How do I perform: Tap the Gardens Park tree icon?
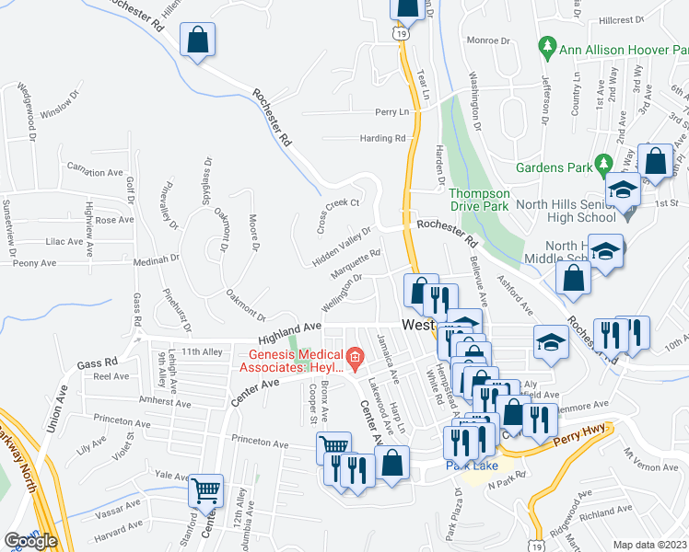(604, 160)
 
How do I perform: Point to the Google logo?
(30, 541)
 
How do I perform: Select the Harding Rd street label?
(382, 139)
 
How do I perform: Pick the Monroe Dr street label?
(488, 40)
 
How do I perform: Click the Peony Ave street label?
(35, 263)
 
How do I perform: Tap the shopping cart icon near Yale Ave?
(205, 489)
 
